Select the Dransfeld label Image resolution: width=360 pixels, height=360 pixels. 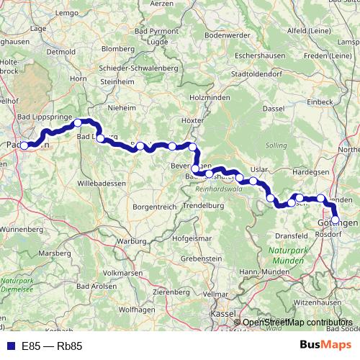tap(292, 235)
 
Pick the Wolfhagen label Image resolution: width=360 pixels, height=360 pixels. tap(137, 310)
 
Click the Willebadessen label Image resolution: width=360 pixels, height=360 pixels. tap(101, 184)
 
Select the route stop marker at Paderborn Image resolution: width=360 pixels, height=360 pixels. tap(24, 145)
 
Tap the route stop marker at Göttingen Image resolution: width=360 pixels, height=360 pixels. tap(336, 220)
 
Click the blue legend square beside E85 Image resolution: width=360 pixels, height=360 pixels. tap(11, 346)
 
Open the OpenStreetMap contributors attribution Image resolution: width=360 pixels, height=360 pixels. tap(297, 323)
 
